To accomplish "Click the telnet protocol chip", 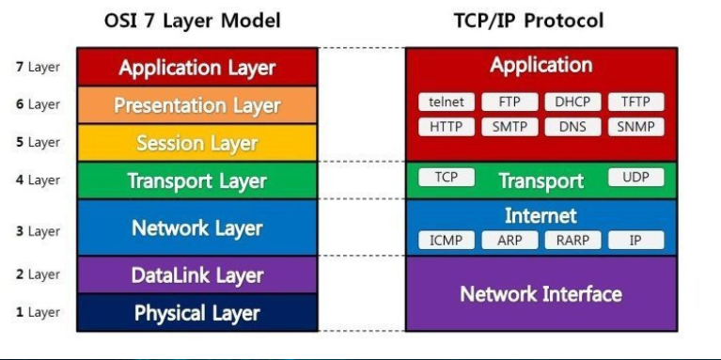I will click(x=446, y=102).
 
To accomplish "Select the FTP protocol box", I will click(x=509, y=102).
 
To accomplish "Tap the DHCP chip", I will click(x=572, y=102).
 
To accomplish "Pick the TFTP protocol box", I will click(x=635, y=102).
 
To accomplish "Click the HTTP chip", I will click(x=446, y=126).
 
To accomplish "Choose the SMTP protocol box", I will click(x=509, y=126).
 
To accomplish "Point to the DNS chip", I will click(x=572, y=126).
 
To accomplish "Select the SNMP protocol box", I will click(x=635, y=126).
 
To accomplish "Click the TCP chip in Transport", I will click(x=446, y=178).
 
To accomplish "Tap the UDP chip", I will click(x=635, y=178).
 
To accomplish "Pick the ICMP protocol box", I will click(x=446, y=240).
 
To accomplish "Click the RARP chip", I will click(x=572, y=240).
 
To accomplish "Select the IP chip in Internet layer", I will click(x=635, y=240).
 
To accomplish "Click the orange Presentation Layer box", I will click(x=196, y=105).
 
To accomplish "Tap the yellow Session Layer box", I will click(x=196, y=143).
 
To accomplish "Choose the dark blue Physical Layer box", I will click(x=196, y=312).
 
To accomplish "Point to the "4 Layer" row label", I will click(x=38, y=180).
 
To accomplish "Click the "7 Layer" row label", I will click(x=38, y=68).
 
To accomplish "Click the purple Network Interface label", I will click(x=541, y=294).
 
